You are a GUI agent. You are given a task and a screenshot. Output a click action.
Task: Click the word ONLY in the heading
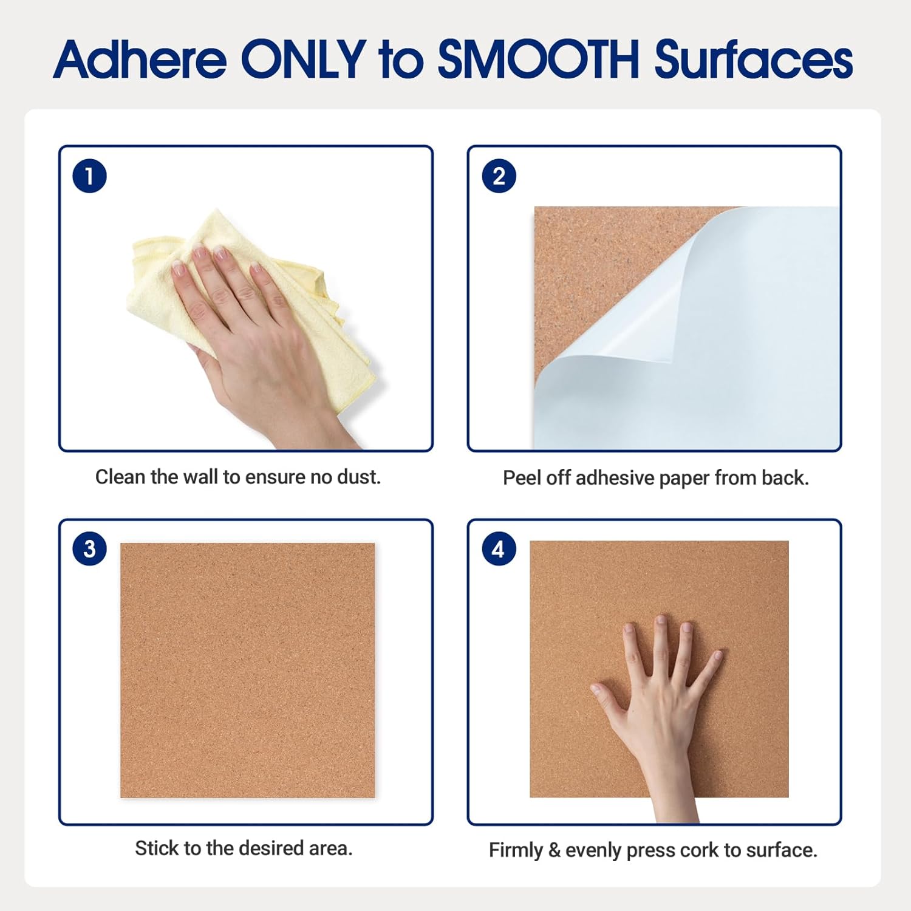pos(304,60)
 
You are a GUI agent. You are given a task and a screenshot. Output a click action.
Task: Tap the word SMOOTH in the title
pos(538,60)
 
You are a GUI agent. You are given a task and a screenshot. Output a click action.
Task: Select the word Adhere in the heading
pos(140,60)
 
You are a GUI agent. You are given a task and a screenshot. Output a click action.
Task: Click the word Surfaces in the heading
pos(754,60)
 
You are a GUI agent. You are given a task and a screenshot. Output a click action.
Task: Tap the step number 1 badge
pos(89,176)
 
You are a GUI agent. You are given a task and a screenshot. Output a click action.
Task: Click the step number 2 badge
pos(499,176)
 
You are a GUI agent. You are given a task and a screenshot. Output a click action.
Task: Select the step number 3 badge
pos(89,549)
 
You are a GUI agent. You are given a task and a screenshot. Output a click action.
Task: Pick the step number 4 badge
pos(499,550)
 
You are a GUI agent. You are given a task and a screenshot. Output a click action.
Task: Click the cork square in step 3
pos(247,670)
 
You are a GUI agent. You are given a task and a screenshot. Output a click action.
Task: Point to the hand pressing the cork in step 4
pos(662,717)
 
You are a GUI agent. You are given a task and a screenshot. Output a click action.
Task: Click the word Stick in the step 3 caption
pos(152,848)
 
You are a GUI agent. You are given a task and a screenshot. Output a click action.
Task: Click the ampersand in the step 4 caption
pos(554,850)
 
